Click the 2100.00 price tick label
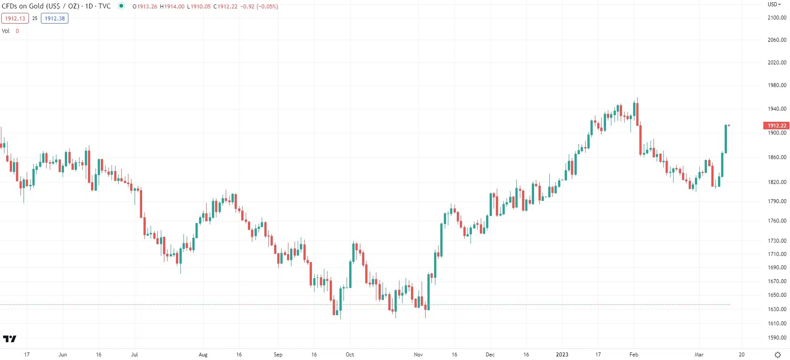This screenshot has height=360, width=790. (777, 18)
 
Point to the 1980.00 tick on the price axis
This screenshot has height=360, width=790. (777, 85)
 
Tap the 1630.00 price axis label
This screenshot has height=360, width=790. (777, 309)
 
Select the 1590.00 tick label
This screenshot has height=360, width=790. (777, 338)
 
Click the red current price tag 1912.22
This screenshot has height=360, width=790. (777, 126)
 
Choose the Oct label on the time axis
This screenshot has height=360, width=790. (350, 355)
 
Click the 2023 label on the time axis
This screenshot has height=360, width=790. (562, 355)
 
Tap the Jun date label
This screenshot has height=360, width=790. (63, 355)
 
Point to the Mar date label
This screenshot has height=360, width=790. (699, 355)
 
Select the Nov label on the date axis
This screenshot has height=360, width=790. (418, 355)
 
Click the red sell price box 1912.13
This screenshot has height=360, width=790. (15, 19)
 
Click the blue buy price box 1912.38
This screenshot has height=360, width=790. (55, 19)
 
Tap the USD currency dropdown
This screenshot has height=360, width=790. (774, 4)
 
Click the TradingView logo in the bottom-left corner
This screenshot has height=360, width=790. (9, 339)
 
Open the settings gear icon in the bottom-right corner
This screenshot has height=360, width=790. (778, 355)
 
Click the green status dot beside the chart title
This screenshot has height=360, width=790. (121, 6)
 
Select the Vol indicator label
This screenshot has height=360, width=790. (6, 31)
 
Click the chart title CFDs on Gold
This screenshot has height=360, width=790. (40, 6)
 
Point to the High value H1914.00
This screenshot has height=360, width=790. (172, 7)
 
